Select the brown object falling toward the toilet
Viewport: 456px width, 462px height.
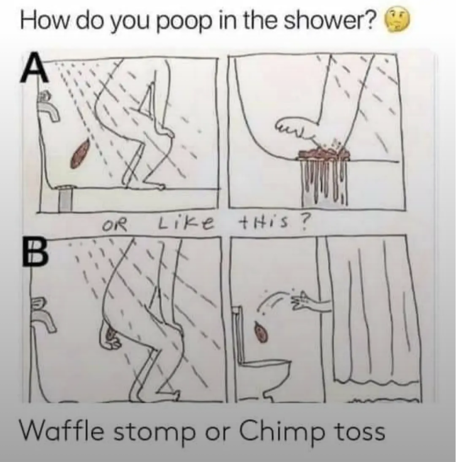point(261,332)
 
